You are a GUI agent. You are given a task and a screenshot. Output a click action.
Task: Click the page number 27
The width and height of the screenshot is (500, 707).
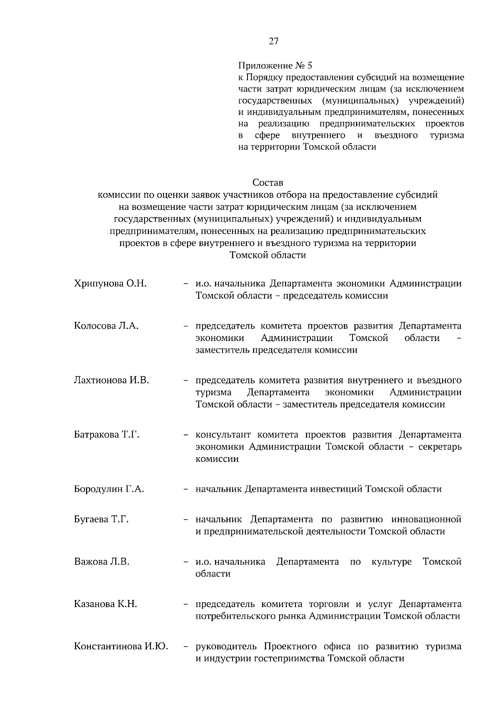273,41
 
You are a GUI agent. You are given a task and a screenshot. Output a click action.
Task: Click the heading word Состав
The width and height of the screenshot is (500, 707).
267,182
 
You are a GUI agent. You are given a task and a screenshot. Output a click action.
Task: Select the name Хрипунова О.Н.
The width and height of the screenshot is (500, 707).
110,284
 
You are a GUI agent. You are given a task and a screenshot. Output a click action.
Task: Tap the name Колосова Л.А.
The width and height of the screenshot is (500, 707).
106,326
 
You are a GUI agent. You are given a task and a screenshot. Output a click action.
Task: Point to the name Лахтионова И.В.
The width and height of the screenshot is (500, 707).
111,380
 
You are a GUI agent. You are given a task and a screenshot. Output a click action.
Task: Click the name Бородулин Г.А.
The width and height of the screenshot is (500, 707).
109,489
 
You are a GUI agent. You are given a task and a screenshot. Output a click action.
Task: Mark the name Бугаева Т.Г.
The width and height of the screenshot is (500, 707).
101,519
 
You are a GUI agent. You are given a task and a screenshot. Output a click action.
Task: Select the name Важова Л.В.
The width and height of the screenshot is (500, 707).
102,562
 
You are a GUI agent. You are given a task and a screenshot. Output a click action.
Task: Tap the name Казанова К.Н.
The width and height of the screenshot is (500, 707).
105,604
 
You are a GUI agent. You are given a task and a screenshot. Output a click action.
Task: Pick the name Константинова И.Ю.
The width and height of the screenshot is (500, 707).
121,647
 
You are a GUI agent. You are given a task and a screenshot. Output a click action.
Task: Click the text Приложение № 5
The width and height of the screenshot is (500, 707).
275,66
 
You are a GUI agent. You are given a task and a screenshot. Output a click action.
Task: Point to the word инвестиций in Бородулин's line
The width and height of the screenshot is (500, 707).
336,489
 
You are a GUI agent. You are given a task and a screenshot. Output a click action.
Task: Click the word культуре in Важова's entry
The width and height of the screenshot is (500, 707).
391,562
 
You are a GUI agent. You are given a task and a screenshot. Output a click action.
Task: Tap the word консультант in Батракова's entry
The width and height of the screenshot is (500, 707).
223,435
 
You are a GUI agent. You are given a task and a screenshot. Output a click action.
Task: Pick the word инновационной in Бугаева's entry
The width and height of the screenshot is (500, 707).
426,519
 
